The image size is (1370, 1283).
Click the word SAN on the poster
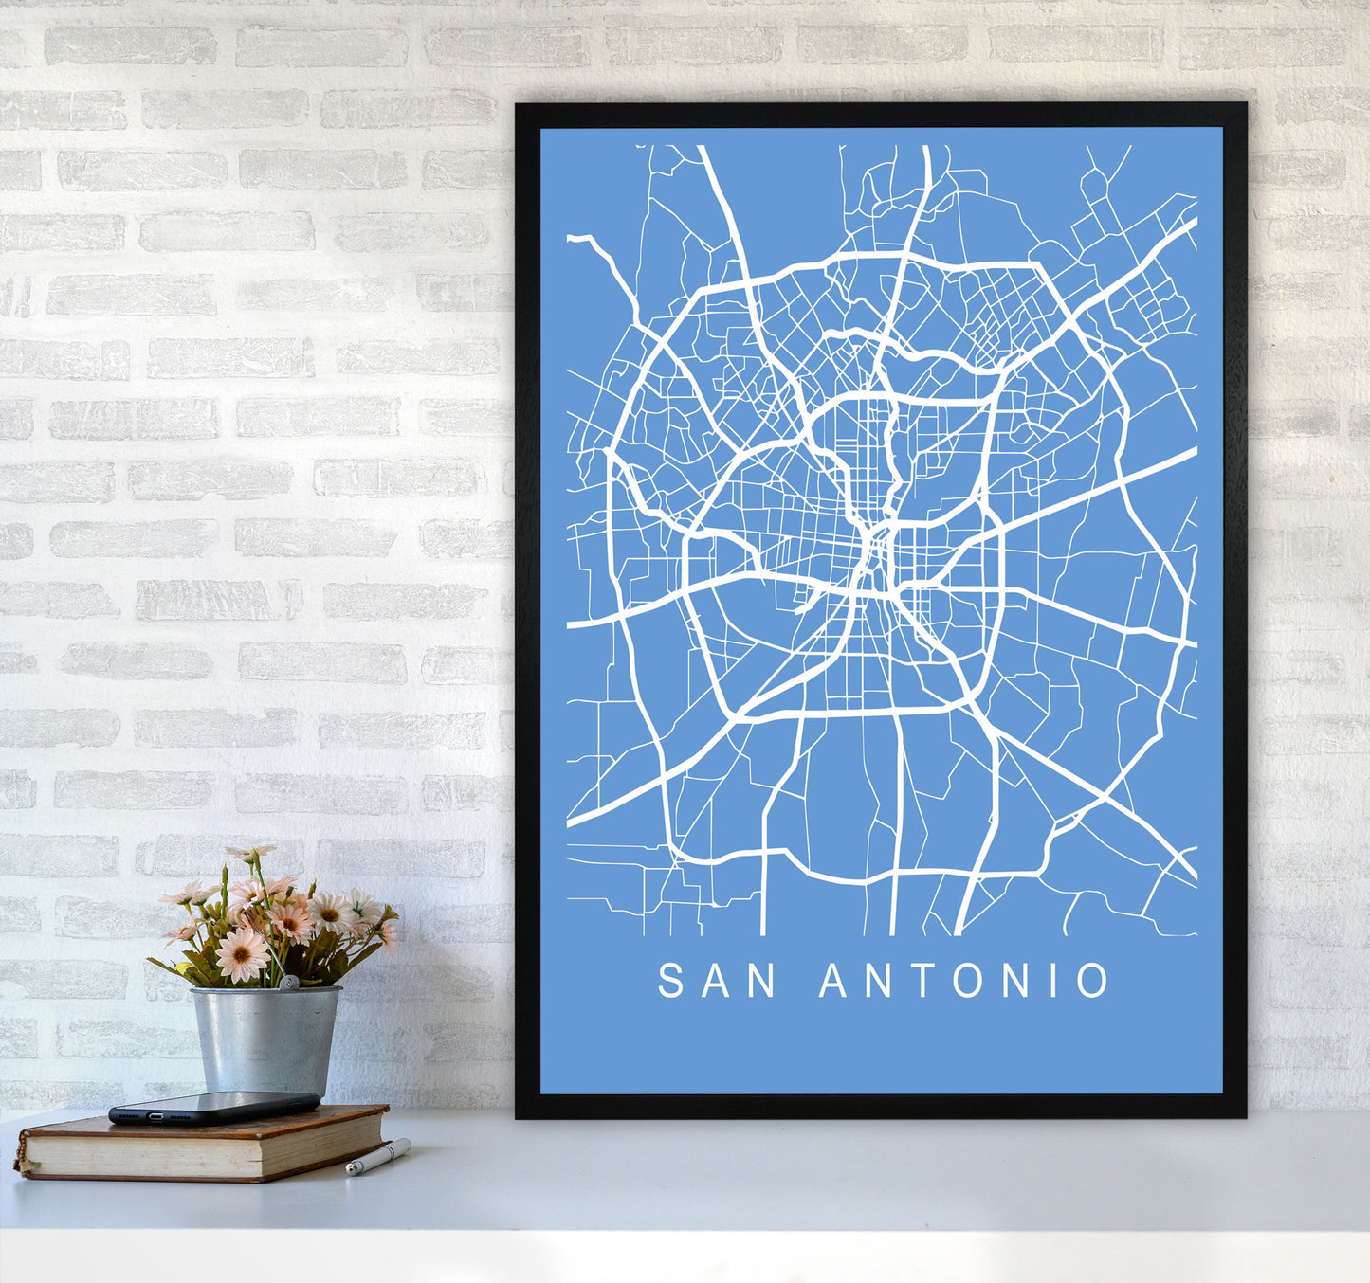point(717,981)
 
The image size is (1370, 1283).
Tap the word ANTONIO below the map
point(963,981)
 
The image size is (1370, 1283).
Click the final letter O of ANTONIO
point(1093,981)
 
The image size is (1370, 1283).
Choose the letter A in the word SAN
point(716,981)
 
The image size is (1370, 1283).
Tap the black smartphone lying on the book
point(213,1107)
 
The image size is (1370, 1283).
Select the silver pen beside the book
point(378,1157)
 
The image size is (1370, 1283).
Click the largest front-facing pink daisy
point(242,955)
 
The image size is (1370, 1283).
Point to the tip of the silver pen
point(349,1171)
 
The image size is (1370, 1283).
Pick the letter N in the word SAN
point(762,981)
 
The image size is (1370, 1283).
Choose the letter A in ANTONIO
point(833,981)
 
